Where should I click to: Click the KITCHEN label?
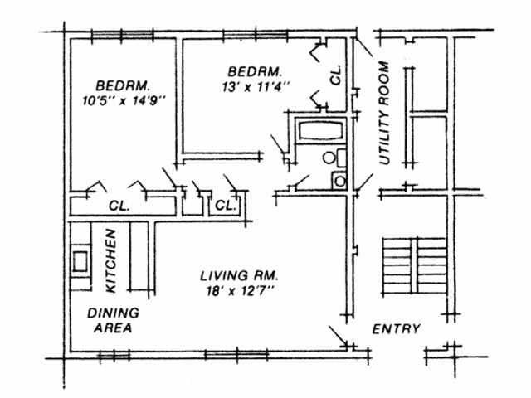tap(111, 260)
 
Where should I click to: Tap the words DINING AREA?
tap(113, 320)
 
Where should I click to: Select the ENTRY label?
tap(397, 329)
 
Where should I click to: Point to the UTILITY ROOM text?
tap(384, 113)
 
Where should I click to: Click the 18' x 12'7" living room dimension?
tap(240, 291)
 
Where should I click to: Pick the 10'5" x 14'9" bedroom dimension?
tap(124, 101)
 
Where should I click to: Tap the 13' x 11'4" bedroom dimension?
tap(256, 87)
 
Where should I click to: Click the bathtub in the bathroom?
tap(321, 131)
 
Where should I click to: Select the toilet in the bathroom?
tap(334, 158)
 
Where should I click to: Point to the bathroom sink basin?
tap(339, 181)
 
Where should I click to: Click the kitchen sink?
tap(80, 261)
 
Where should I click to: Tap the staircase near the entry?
tap(415, 265)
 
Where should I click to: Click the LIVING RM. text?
tap(239, 276)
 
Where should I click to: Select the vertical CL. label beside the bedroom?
tap(335, 75)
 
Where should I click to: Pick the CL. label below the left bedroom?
tap(119, 206)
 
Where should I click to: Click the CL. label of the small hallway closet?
tap(225, 205)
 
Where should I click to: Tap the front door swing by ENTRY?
tap(339, 336)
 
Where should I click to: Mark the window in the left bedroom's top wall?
tap(122, 35)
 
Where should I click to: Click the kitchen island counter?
tap(139, 256)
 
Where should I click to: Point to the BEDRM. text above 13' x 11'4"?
tap(255, 72)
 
